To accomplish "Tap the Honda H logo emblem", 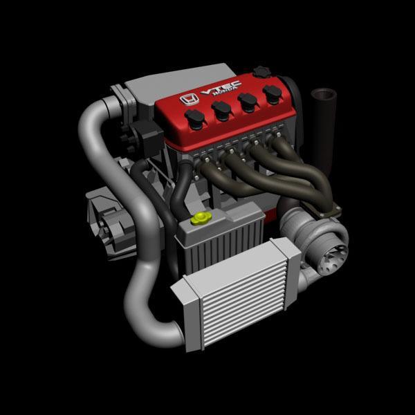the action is pos(189,98).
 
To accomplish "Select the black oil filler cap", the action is pos(261,72).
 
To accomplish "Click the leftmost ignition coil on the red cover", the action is pos(195,119).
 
